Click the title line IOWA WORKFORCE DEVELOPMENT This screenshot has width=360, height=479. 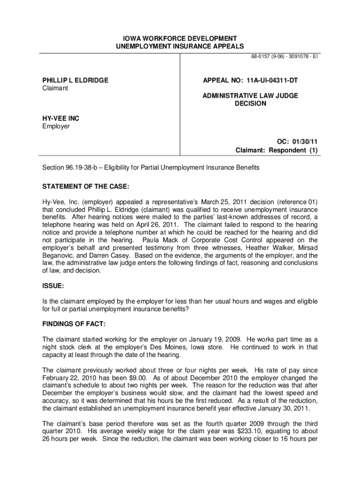point(180,38)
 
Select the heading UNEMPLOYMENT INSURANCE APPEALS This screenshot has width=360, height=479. point(180,46)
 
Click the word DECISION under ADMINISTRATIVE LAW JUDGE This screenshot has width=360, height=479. point(250,103)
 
